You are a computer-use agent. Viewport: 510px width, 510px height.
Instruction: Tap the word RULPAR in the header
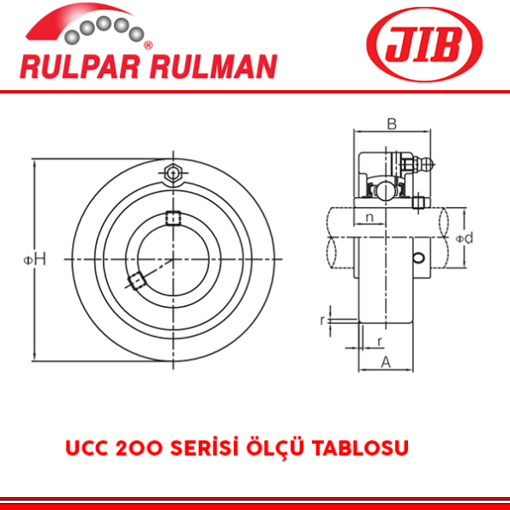[x=69, y=66]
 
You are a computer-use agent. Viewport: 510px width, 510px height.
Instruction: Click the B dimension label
[x=391, y=124]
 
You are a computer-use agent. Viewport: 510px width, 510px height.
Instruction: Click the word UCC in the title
[x=85, y=449]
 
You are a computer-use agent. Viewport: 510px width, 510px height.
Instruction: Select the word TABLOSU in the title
[x=367, y=449]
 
